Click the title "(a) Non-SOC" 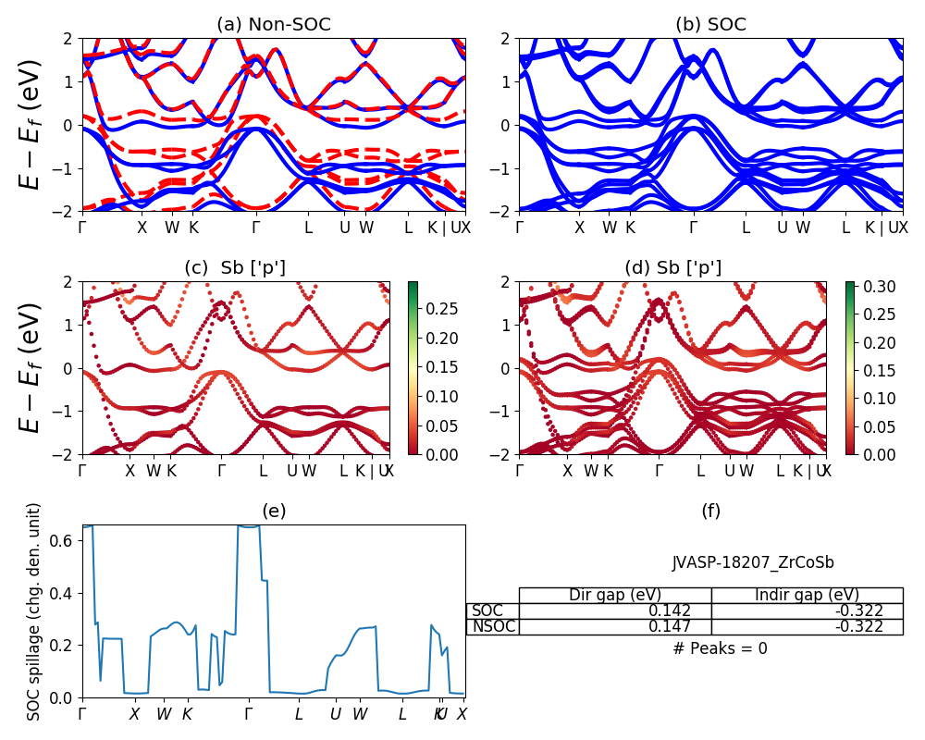click(273, 25)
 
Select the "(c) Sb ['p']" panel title click(235, 268)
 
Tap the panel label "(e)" click(273, 511)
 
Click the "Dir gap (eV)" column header click(614, 595)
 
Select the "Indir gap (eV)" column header click(807, 595)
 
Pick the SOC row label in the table click(487, 610)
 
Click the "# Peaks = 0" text click(720, 648)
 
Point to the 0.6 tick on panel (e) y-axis click(65, 540)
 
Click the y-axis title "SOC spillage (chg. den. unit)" click(34, 611)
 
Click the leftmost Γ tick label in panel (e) click(82, 714)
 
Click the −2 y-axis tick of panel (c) click(66, 455)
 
